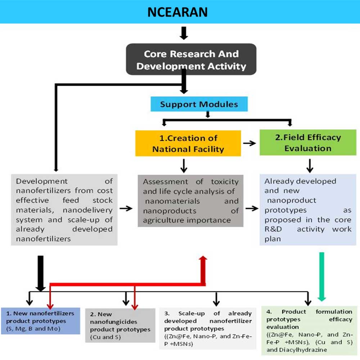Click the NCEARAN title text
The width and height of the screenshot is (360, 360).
[x=178, y=12]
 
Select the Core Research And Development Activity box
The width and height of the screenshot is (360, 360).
[x=191, y=60]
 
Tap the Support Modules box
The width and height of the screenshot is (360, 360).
[x=199, y=104]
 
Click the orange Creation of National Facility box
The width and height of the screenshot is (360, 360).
[x=188, y=143]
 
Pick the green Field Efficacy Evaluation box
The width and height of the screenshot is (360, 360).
[x=308, y=143]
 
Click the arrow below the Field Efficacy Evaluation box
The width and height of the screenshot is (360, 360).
[x=309, y=166]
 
